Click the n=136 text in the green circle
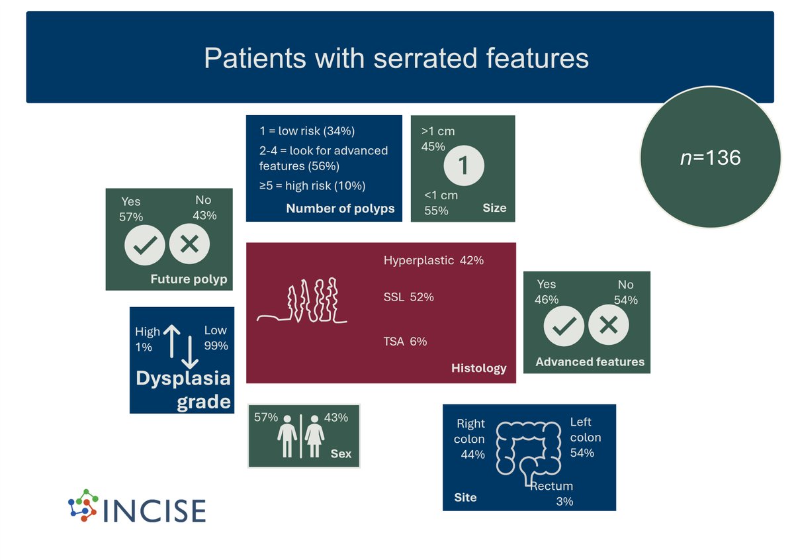click(x=711, y=158)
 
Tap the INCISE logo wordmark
click(x=155, y=511)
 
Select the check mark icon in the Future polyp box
click(x=145, y=245)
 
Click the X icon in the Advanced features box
click(x=609, y=325)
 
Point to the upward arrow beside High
click(x=172, y=341)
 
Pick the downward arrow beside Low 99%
click(x=190, y=352)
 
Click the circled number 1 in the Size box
click(x=464, y=165)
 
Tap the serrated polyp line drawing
click(x=302, y=301)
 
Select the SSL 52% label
click(x=408, y=297)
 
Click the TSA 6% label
click(x=405, y=341)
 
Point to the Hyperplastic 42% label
click(x=433, y=260)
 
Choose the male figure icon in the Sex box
click(x=287, y=436)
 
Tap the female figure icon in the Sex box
click(x=314, y=436)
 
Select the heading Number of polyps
click(x=340, y=209)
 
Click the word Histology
click(x=478, y=368)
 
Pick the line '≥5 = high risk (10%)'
click(x=312, y=185)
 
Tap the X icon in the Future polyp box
click(x=189, y=244)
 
